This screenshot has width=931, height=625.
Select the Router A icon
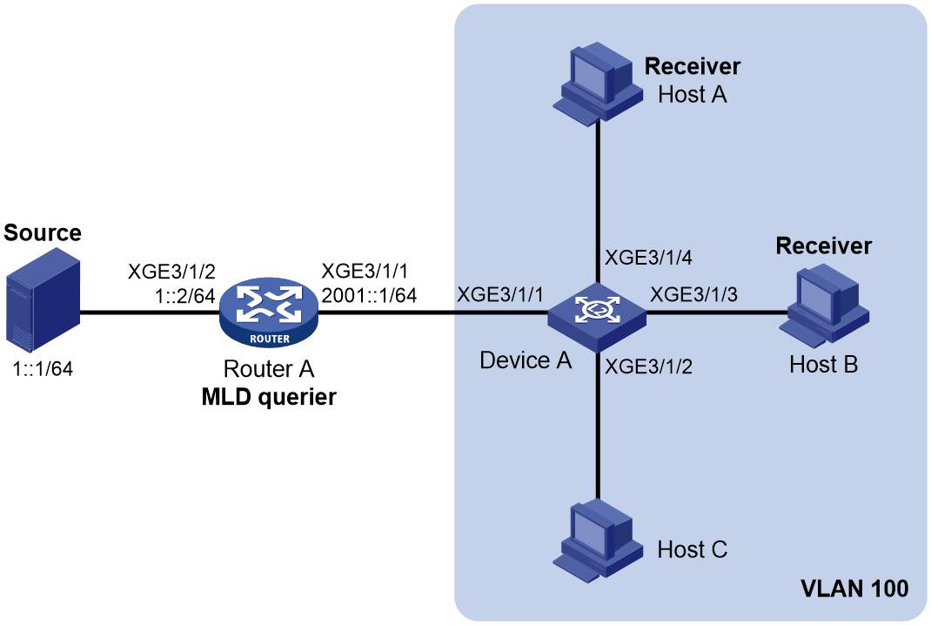(268, 312)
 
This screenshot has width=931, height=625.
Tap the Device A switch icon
(597, 313)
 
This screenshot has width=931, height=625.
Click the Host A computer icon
(597, 84)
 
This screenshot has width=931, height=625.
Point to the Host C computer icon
(597, 541)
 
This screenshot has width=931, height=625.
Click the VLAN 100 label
(854, 588)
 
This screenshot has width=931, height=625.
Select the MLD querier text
(269, 397)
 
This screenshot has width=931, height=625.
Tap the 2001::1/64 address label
(369, 295)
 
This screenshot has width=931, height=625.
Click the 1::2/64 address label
(184, 295)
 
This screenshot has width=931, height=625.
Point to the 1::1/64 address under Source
(43, 369)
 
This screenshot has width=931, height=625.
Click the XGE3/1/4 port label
(648, 258)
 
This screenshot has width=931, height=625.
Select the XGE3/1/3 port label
(693, 294)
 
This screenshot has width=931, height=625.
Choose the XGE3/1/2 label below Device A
(648, 366)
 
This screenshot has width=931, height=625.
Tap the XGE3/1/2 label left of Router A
(171, 272)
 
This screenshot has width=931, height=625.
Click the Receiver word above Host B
(823, 246)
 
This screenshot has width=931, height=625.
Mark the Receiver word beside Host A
(693, 66)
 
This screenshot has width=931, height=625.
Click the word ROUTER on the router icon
(270, 339)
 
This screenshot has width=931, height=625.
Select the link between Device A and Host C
(597, 426)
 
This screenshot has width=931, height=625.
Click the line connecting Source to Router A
(150, 312)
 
